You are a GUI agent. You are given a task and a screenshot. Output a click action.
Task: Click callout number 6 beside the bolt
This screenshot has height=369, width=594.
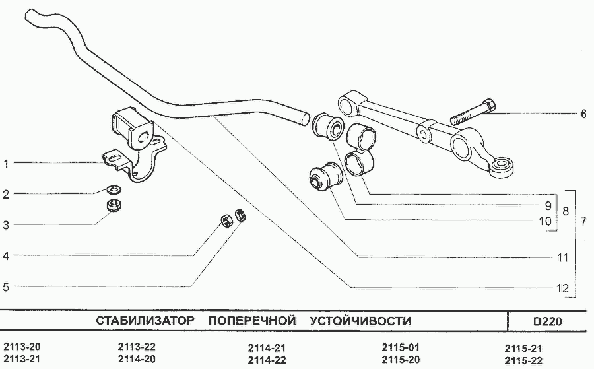point(583,114)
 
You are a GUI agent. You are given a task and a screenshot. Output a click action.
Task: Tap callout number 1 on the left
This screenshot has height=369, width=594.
point(6,164)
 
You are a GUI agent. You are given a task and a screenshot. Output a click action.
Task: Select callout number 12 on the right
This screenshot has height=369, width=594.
point(563,288)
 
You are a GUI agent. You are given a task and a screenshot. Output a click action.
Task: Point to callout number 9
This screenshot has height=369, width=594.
point(548,206)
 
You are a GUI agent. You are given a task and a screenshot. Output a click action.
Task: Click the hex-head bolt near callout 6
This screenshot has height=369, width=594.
point(473,112)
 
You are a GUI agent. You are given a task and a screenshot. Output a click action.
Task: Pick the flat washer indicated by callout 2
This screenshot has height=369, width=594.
point(114,188)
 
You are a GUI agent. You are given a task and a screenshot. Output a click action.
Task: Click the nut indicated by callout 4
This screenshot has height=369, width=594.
point(226,220)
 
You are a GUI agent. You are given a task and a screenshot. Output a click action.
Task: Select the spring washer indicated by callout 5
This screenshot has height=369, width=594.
point(240,215)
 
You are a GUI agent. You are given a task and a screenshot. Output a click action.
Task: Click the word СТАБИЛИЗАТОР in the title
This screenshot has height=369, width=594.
point(145,321)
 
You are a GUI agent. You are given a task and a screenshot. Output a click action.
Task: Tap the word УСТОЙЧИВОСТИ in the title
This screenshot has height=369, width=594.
point(360,321)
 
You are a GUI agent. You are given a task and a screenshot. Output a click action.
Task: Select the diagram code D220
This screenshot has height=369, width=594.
point(547,321)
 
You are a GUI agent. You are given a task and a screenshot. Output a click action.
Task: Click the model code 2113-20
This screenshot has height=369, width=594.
point(22,347)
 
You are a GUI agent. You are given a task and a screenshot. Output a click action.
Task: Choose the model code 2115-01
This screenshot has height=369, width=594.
point(401,347)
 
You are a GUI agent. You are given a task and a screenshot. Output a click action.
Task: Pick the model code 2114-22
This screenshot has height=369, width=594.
point(267,360)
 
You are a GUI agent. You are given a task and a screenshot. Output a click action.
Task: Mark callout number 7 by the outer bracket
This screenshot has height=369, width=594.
point(583,222)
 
